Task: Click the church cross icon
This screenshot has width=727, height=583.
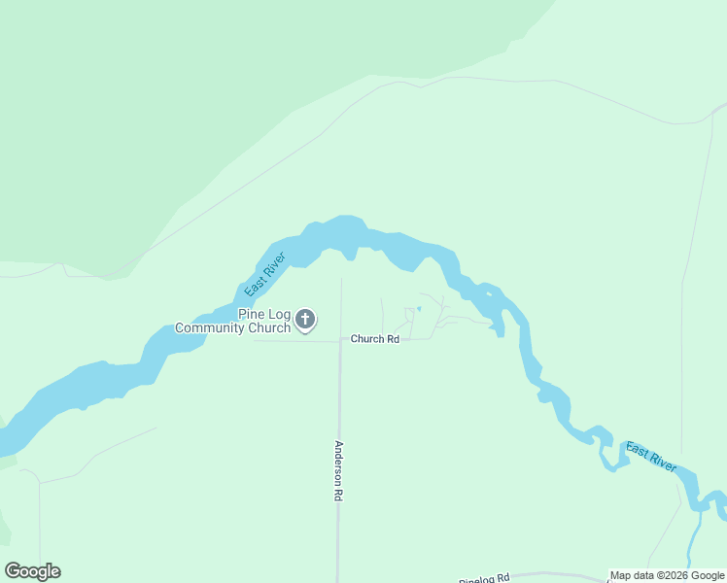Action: (x=305, y=319)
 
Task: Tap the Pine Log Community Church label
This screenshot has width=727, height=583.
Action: (x=233, y=321)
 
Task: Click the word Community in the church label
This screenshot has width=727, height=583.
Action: (x=211, y=328)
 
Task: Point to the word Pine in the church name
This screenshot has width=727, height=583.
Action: (x=251, y=314)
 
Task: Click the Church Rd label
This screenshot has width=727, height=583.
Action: (x=374, y=339)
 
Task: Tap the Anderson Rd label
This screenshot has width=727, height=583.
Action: (x=338, y=471)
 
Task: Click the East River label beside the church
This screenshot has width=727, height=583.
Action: (x=263, y=276)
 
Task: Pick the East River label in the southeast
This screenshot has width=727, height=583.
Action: (x=650, y=457)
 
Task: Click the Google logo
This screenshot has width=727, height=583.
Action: (x=32, y=571)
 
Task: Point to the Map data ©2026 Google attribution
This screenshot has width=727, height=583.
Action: (x=667, y=575)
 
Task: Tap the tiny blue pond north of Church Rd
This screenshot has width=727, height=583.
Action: (x=419, y=309)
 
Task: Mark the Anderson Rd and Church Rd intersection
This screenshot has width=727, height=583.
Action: (x=340, y=340)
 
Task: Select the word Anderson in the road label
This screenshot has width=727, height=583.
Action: (x=338, y=463)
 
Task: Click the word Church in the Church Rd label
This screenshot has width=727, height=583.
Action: (x=367, y=339)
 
